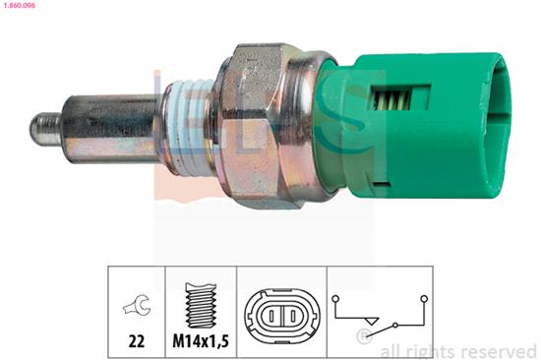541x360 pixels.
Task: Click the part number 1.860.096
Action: [24, 7]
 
